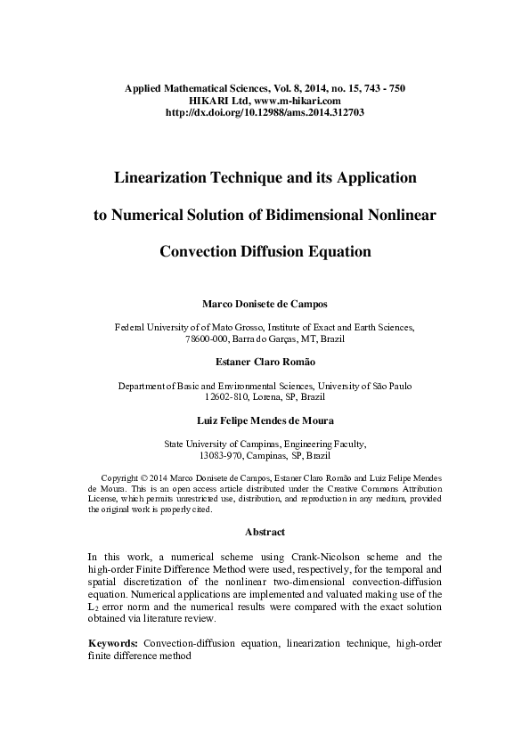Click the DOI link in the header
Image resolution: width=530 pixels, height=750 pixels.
[x=265, y=113]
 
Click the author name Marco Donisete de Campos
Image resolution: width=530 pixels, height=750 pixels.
[x=265, y=305]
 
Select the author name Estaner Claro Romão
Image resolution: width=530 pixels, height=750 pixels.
[x=265, y=363]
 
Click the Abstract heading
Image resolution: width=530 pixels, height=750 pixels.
[x=265, y=532]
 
